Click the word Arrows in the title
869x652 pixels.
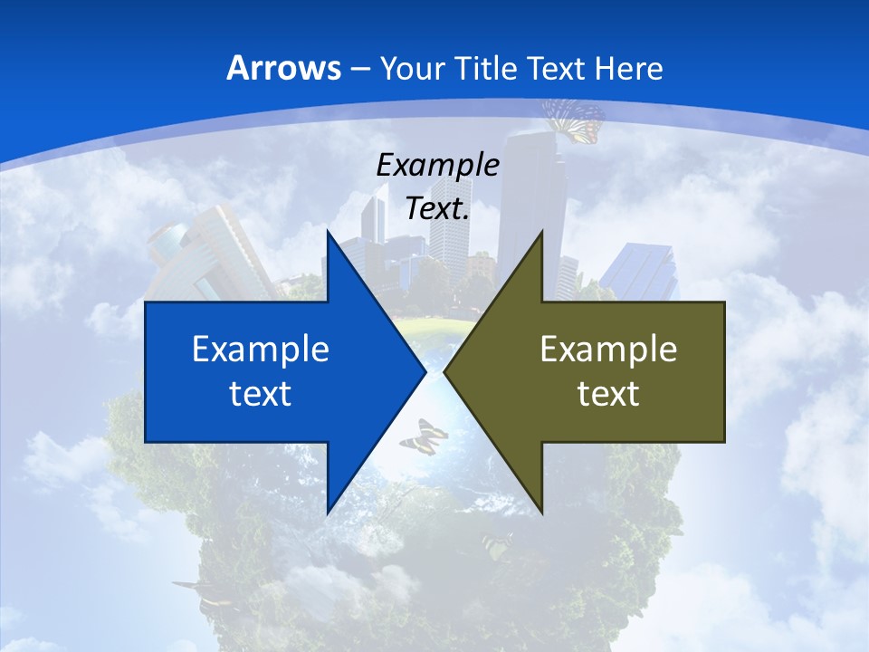click(x=283, y=68)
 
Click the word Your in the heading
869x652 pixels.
click(x=412, y=68)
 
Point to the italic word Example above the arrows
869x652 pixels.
click(x=437, y=165)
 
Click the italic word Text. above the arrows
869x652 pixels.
click(x=437, y=208)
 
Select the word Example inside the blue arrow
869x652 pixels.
click(x=261, y=350)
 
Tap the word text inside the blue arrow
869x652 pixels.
click(x=261, y=393)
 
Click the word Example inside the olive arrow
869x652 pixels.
click(x=608, y=350)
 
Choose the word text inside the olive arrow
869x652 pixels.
click(x=608, y=393)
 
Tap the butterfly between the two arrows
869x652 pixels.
click(x=423, y=436)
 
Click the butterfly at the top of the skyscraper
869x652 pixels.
click(x=574, y=120)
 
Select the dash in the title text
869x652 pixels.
click(x=359, y=68)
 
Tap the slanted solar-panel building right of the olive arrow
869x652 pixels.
click(x=643, y=272)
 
